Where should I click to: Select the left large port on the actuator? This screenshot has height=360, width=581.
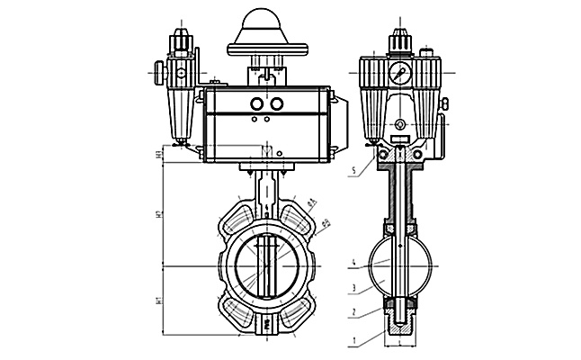tap(255, 102)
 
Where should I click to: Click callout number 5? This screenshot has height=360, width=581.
tap(355, 168)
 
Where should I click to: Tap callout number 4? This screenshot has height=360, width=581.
tap(355, 265)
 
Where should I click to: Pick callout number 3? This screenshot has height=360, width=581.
tap(355, 288)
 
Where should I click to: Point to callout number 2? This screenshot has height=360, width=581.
tap(355, 312)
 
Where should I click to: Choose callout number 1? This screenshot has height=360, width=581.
tap(355, 340)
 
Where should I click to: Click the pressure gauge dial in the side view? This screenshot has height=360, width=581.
tap(400, 69)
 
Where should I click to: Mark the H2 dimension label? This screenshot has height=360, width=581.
tap(157, 216)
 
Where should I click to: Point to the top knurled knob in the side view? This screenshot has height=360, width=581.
tap(398, 40)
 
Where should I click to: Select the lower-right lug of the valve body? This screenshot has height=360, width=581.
tap(297, 314)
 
